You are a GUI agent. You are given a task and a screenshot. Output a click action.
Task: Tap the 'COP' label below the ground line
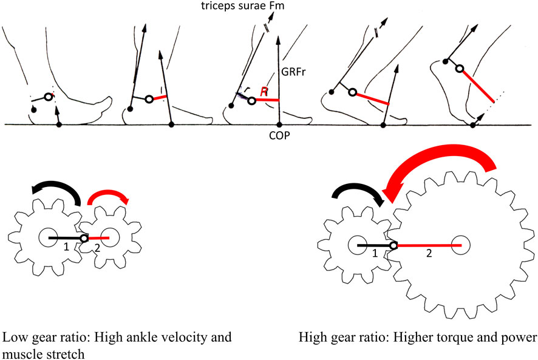point(278,138)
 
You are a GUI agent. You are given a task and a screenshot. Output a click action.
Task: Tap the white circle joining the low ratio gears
point(84,239)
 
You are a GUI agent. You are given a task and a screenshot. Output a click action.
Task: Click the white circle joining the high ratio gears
point(393,246)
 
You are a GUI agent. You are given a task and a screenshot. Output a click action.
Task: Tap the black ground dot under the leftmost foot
point(59,124)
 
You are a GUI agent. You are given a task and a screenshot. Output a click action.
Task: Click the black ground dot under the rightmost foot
point(474,124)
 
